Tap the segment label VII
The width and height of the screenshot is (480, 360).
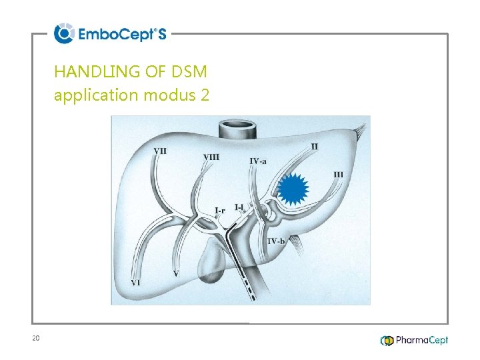click(160, 151)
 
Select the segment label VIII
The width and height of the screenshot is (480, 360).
click(211, 157)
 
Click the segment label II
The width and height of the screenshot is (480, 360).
click(314, 146)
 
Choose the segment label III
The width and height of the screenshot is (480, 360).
click(339, 175)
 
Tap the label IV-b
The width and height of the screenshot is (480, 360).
click(275, 241)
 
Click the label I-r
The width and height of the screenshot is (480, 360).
click(220, 210)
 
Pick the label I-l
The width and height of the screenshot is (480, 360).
click(239, 207)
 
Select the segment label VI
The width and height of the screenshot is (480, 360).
click(135, 283)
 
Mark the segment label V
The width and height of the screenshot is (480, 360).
click(175, 273)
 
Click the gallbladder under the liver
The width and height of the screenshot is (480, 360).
click(212, 257)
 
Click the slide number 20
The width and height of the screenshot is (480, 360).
click(36, 339)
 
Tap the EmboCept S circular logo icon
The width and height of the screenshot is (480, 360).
click(64, 33)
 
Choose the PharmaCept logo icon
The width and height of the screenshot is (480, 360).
click(387, 341)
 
